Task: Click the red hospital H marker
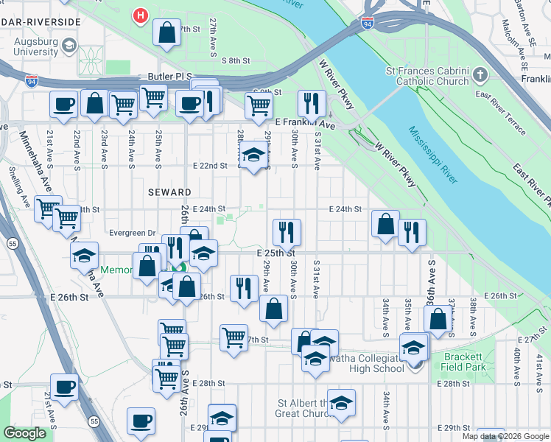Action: coord(139,14)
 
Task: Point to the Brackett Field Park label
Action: coord(464,361)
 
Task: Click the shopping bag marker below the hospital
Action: coord(166,32)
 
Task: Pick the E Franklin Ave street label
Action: coord(304,125)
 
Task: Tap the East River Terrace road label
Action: coord(501,113)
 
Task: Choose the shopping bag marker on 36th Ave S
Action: coord(438,320)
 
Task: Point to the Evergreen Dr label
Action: coord(132,233)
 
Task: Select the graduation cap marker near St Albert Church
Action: coord(341,403)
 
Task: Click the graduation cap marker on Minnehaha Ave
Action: coord(85,256)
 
